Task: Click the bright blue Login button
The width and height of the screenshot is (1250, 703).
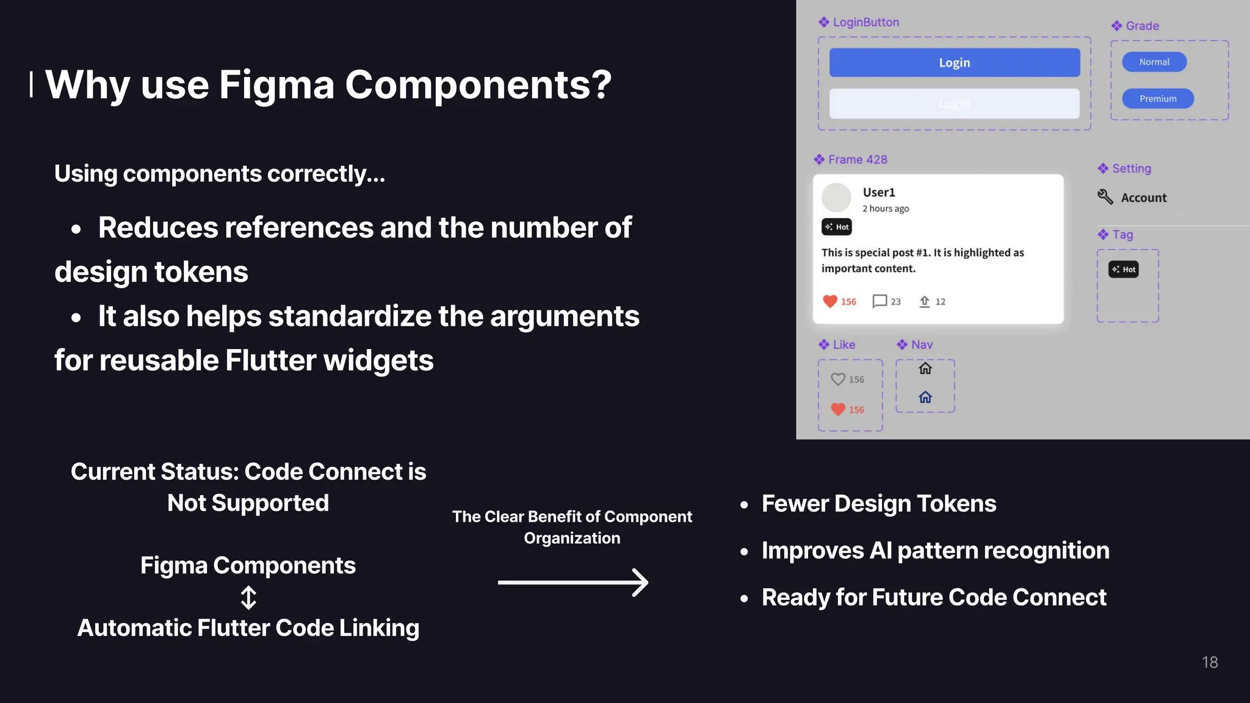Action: (x=954, y=62)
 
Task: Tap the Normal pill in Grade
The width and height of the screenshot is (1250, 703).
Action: (x=1154, y=62)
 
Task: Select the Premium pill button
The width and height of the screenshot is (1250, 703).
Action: (x=1157, y=98)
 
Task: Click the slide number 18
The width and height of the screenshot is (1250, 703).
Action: (x=1209, y=662)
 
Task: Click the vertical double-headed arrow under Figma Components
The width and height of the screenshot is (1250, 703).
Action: (x=248, y=597)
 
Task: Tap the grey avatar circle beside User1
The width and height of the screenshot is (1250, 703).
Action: (x=836, y=197)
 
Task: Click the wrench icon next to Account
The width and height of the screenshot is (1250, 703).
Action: (x=1105, y=196)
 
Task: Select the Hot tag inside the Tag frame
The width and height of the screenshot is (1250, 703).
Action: (x=1123, y=269)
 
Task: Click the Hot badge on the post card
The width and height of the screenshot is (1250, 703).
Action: (x=836, y=226)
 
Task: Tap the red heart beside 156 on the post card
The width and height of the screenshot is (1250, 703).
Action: (x=829, y=301)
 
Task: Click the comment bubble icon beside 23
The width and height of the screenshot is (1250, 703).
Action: (x=879, y=301)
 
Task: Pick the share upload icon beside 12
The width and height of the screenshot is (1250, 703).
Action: (x=924, y=301)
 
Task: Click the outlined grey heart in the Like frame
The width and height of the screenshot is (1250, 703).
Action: (x=837, y=379)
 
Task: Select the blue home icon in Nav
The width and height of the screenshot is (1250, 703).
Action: (x=925, y=397)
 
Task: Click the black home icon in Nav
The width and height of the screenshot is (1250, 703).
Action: (x=925, y=368)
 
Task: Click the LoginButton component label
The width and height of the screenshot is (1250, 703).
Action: (x=865, y=22)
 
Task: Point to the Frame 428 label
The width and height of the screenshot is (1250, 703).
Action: (x=857, y=159)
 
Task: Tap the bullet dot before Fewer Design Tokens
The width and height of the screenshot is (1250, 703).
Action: (x=744, y=505)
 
